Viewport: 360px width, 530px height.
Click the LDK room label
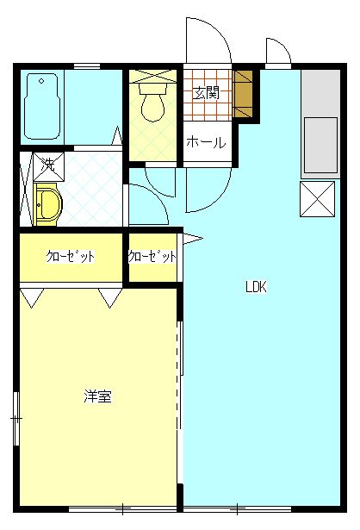(x=256, y=288)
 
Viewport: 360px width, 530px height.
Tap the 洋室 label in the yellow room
(x=96, y=396)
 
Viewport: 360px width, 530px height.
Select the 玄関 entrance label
(x=206, y=93)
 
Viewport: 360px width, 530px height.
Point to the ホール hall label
(x=206, y=142)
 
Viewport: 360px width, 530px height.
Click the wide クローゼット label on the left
(x=71, y=257)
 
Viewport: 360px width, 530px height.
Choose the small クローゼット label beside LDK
(x=152, y=257)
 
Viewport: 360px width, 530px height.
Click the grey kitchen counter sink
(x=320, y=143)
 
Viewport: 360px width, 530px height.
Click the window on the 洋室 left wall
(x=16, y=418)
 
